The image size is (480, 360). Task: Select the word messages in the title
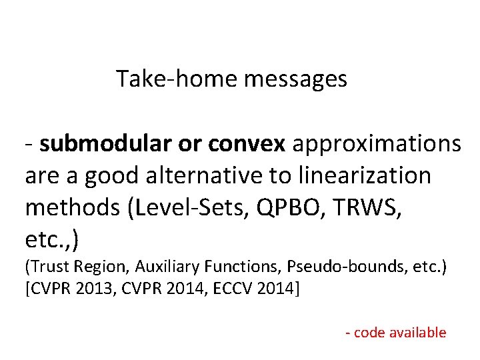(x=295, y=79)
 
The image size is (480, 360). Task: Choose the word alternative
(x=207, y=176)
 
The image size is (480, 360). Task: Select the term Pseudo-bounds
(x=337, y=267)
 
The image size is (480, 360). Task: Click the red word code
(x=370, y=333)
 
